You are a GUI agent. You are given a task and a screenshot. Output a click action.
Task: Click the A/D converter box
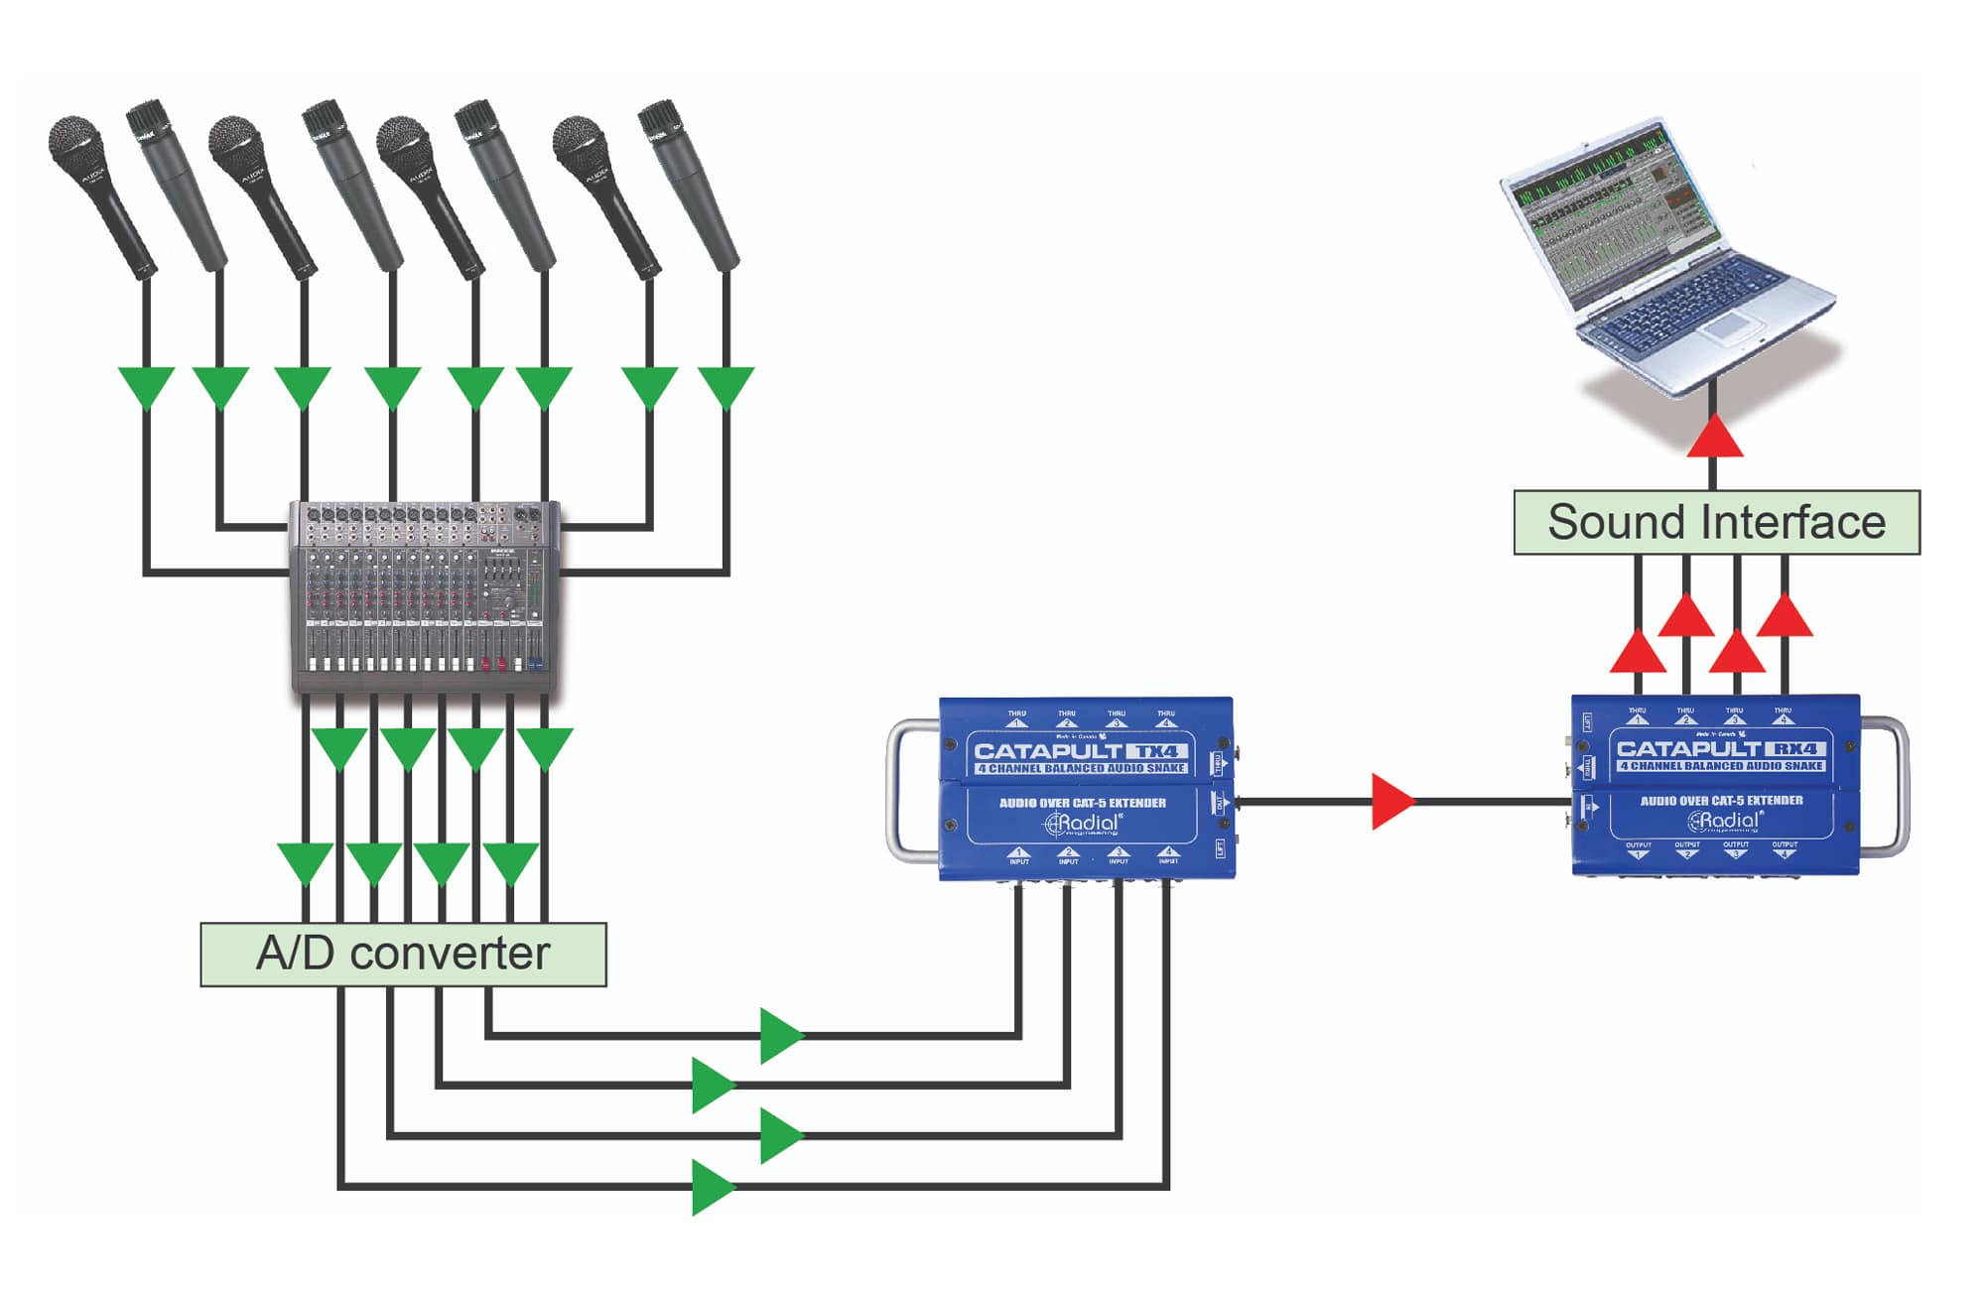tap(403, 955)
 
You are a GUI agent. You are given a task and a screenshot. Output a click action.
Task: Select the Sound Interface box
tap(1716, 522)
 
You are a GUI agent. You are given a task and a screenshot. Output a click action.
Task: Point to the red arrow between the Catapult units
tap(1391, 802)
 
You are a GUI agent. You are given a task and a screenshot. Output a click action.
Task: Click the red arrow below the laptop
tap(1714, 437)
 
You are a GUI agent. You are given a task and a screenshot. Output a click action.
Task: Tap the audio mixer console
tap(425, 595)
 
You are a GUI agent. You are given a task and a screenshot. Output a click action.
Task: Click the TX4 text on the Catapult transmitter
tap(1157, 751)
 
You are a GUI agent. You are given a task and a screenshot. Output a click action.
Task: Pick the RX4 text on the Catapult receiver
tap(1795, 749)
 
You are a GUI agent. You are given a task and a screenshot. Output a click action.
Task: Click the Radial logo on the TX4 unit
tap(1084, 824)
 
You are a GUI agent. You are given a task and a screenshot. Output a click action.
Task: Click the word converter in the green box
tap(450, 955)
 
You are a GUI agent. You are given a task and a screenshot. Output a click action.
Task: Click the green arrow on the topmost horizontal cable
tap(781, 1036)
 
